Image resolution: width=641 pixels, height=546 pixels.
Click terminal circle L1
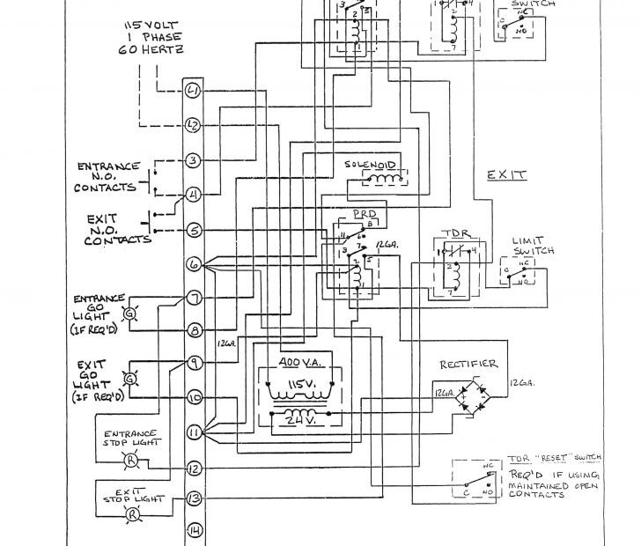(193, 91)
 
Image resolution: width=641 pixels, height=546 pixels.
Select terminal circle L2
(193, 125)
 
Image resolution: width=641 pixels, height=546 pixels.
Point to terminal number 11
(193, 432)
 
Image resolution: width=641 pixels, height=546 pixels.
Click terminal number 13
(193, 499)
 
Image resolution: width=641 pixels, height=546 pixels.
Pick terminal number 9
(193, 362)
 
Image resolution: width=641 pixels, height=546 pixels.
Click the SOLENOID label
(373, 165)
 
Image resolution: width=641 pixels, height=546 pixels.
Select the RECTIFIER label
(469, 364)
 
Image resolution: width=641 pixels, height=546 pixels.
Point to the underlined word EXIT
(507, 175)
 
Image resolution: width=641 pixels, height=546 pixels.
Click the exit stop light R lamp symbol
(133, 514)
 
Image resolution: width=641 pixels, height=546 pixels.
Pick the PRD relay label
(364, 214)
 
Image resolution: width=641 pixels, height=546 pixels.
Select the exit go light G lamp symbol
(131, 379)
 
